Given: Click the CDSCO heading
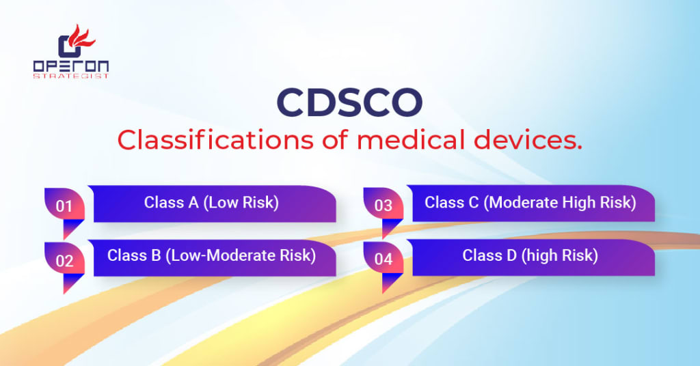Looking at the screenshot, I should (x=349, y=102).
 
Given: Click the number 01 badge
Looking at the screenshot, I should (x=64, y=206).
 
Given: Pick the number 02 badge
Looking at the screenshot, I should (x=64, y=259).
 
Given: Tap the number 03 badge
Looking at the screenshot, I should (x=383, y=206).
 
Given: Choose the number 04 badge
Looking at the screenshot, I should (x=383, y=259).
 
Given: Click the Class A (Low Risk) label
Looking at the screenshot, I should (x=211, y=202).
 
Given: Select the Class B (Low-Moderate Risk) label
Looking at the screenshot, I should (x=211, y=255).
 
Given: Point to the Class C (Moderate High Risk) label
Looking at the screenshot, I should (x=530, y=202).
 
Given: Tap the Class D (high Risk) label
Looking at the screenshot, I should (x=530, y=255).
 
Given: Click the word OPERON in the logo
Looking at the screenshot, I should (x=70, y=66).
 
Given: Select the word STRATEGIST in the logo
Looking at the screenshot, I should (x=70, y=76).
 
